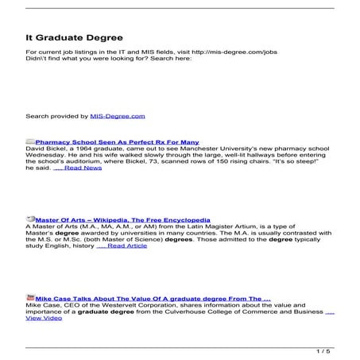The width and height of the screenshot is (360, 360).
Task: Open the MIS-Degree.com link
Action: click(118, 116)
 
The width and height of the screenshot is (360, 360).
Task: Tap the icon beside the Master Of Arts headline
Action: click(30, 219)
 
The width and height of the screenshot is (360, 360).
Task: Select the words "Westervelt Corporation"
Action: click(134, 305)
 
